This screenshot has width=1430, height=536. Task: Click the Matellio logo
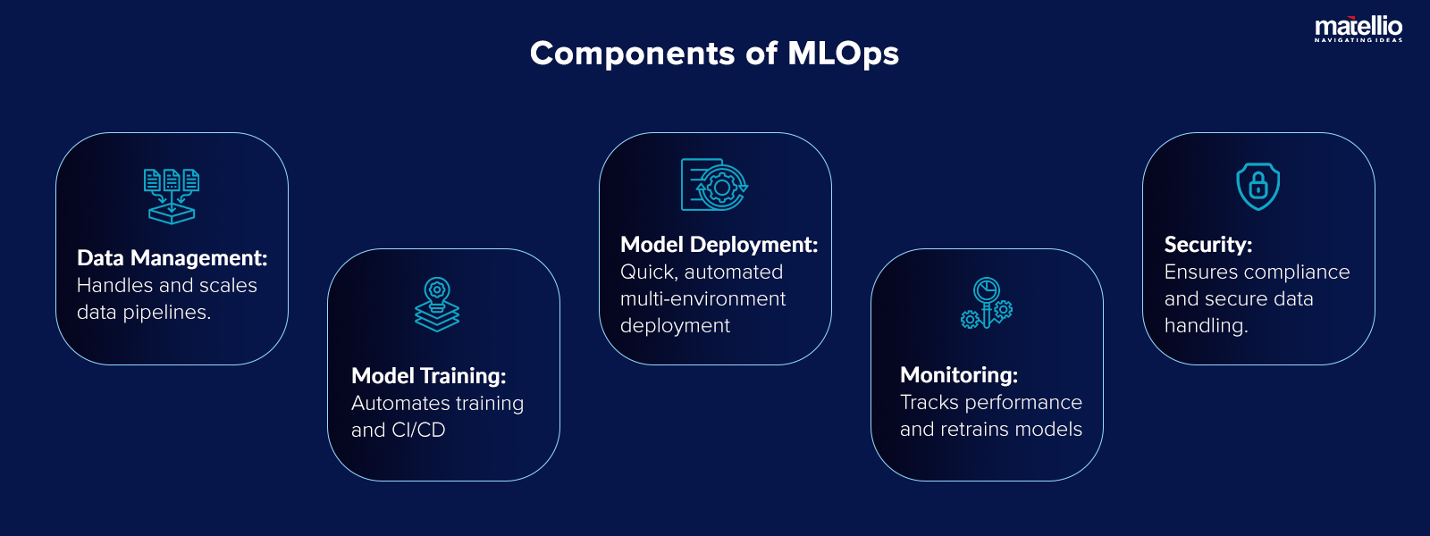click(1358, 29)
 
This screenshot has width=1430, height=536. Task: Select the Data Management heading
click(172, 258)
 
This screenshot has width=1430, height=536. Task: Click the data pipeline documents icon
click(172, 196)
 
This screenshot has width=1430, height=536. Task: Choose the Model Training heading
click(428, 376)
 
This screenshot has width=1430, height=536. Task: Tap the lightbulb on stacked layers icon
click(437, 305)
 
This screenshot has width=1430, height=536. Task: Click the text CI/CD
click(417, 430)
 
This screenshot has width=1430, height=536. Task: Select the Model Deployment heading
click(719, 245)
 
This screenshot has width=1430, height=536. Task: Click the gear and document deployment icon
click(714, 185)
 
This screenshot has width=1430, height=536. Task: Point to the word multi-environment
click(702, 299)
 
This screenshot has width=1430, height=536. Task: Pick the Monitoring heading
click(958, 375)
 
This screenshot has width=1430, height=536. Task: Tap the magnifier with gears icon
click(986, 304)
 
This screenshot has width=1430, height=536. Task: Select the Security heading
click(1207, 245)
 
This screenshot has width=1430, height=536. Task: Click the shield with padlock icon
click(1258, 186)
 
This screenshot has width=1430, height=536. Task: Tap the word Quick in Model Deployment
click(646, 272)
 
